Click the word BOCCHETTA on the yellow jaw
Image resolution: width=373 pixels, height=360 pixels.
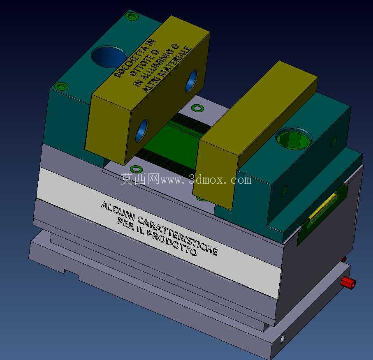135,58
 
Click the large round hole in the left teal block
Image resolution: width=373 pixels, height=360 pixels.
109,57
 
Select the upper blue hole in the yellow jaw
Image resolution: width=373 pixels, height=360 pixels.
191,81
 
